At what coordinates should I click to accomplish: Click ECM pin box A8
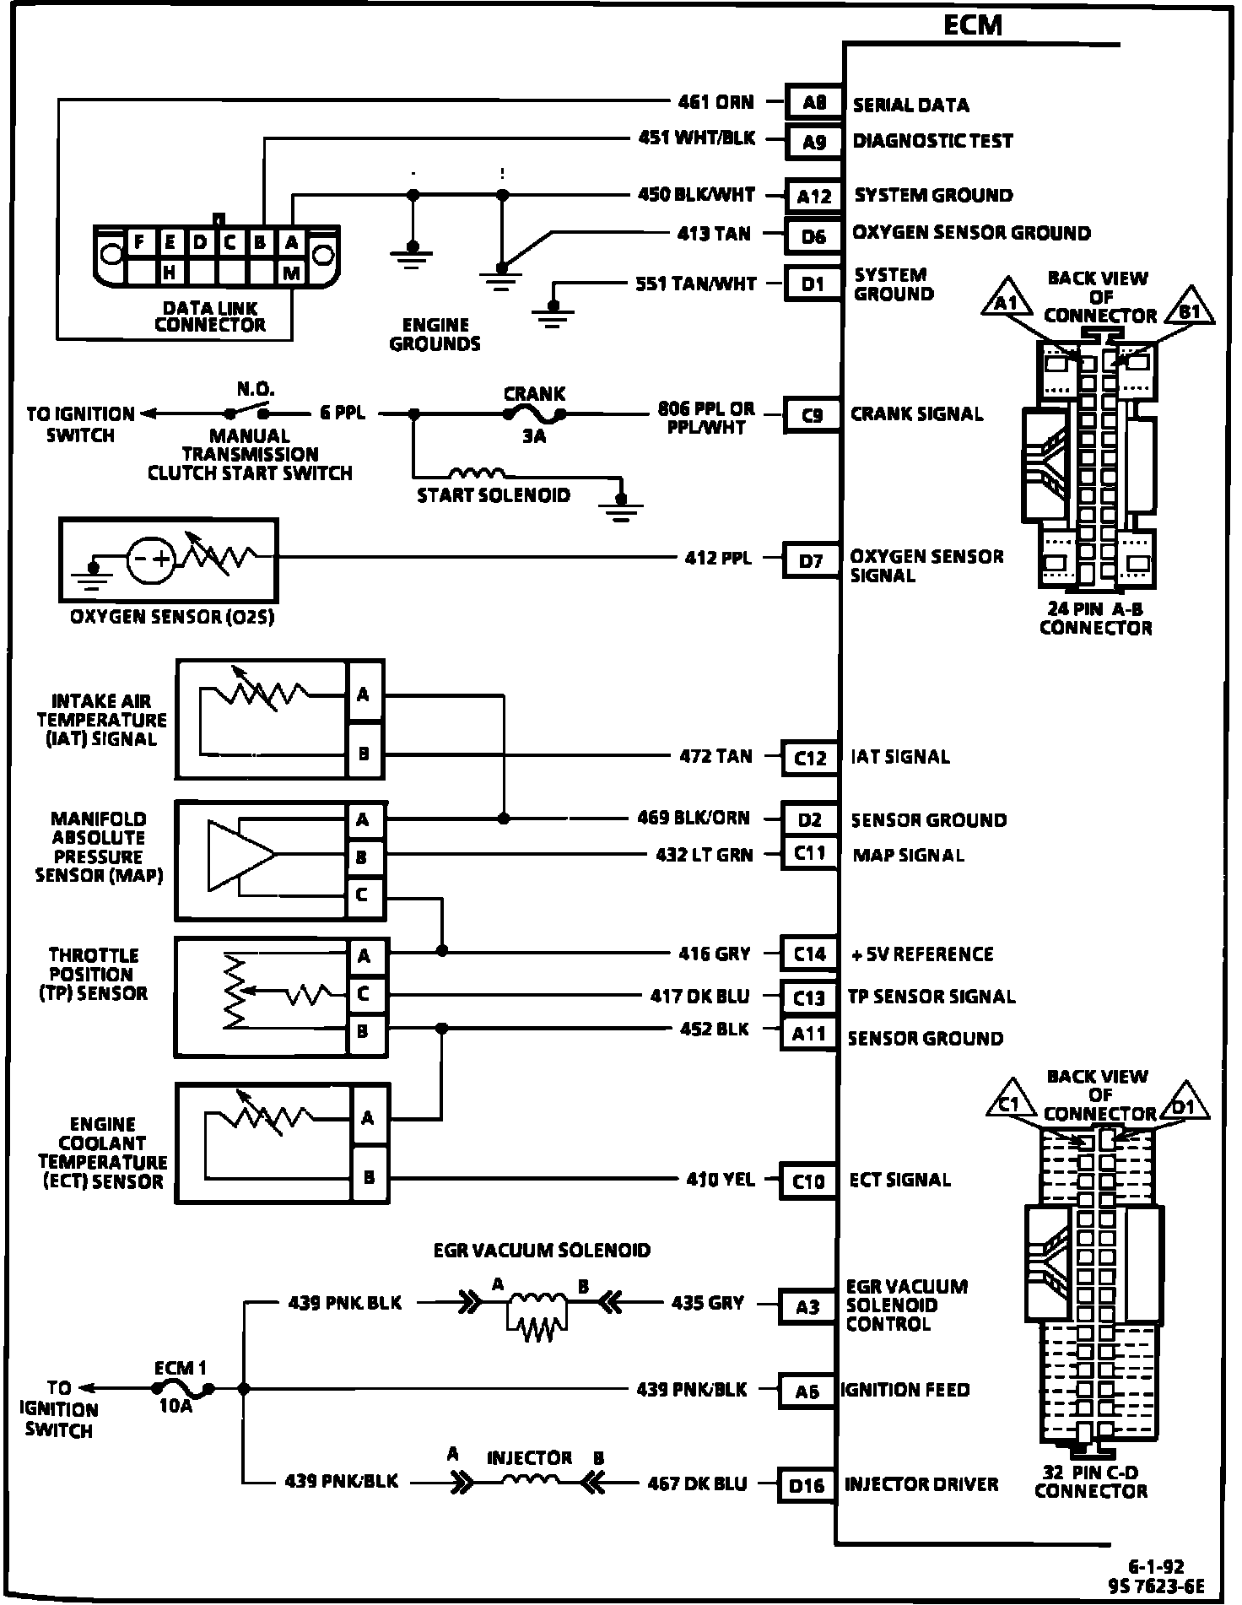(813, 103)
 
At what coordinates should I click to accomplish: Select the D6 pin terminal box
(813, 236)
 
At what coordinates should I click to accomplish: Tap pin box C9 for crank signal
(812, 415)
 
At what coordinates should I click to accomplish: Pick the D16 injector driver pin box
(807, 1485)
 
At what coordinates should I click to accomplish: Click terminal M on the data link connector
(291, 272)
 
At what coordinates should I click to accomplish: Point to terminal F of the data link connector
(138, 243)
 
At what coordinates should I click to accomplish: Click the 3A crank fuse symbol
(534, 413)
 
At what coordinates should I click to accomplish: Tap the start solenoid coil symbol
(477, 473)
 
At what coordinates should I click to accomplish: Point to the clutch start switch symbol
(246, 413)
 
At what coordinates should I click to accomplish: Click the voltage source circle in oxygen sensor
(152, 559)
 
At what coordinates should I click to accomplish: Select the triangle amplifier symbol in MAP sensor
(241, 855)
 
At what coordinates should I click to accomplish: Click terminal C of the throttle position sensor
(364, 994)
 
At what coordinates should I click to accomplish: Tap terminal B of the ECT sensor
(369, 1176)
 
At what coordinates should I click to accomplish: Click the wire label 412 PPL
(717, 558)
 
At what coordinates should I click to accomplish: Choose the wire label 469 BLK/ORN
(694, 818)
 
